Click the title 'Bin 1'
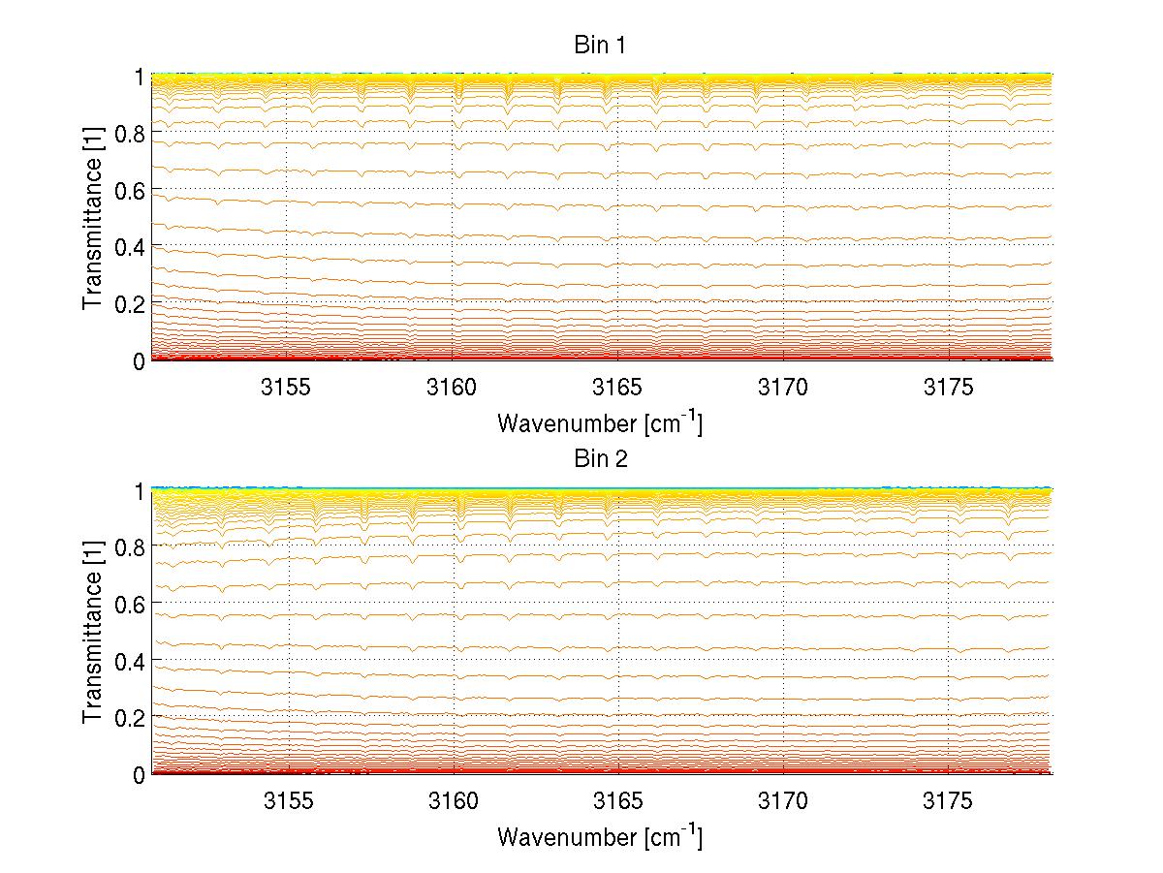pos(600,46)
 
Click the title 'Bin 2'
pos(600,459)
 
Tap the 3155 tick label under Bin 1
pos(287,387)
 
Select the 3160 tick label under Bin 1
pos(453,387)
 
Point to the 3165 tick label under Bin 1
pos(617,387)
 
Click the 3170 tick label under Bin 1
pos(783,387)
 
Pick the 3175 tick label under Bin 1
pos(948,387)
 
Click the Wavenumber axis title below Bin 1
pos(600,422)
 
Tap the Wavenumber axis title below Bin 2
pos(600,836)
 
